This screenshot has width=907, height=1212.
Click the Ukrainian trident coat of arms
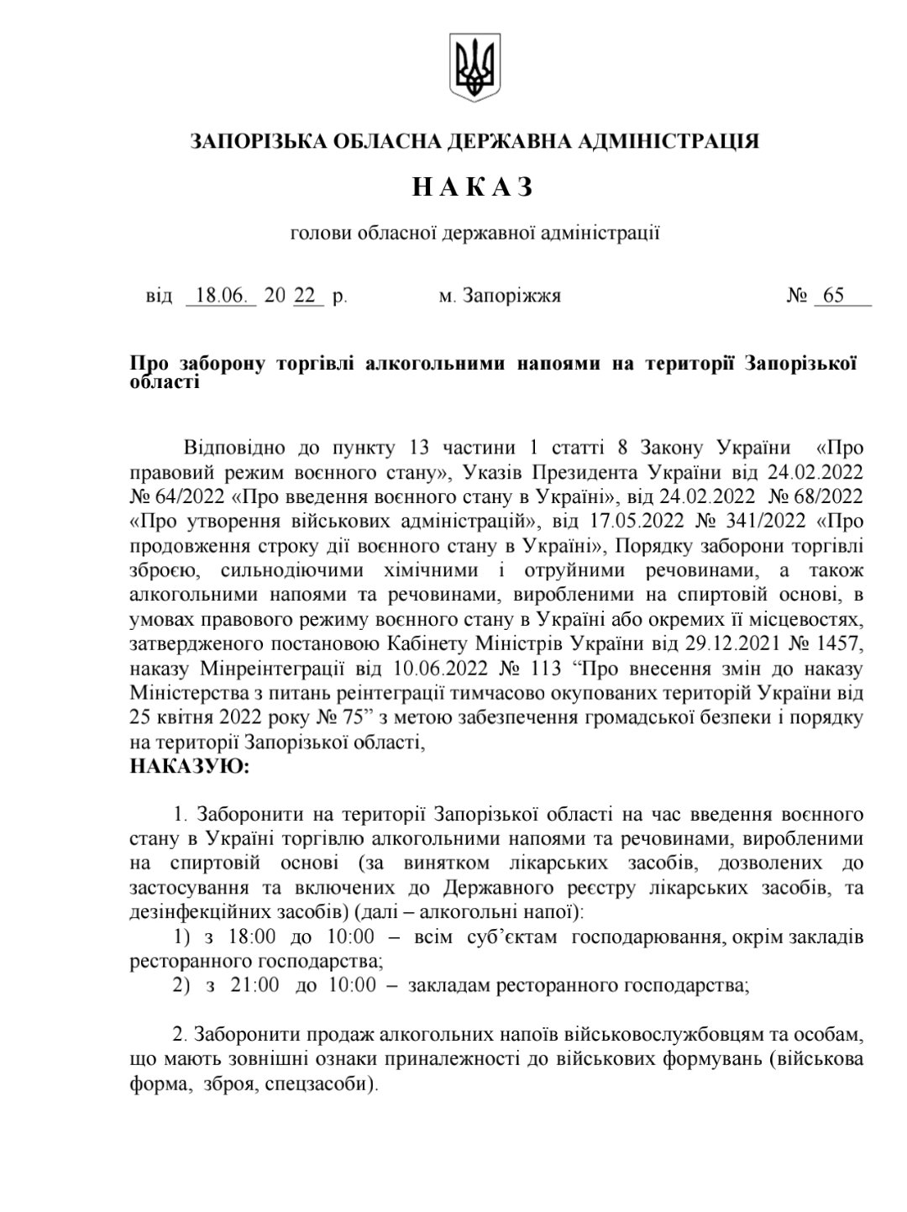click(x=474, y=66)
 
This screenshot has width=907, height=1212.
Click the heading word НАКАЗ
click(x=474, y=187)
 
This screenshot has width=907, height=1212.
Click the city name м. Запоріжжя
click(x=501, y=296)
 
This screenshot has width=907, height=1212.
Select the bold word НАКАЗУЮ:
click(x=188, y=766)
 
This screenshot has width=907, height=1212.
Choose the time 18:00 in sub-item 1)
click(x=252, y=937)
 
